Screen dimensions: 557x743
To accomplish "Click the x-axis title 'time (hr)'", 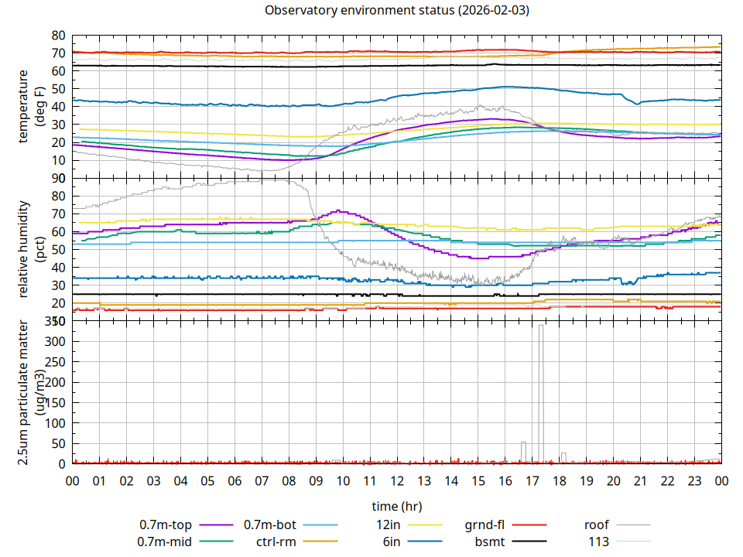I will (397, 507).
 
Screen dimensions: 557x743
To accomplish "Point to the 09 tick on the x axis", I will (316, 480).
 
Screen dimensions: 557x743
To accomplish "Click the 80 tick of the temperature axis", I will (58, 36).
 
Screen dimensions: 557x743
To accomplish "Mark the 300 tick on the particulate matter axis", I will (55, 341).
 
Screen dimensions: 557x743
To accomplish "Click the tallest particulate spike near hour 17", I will (541, 326).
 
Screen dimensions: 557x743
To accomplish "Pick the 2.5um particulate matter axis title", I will (31, 392).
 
